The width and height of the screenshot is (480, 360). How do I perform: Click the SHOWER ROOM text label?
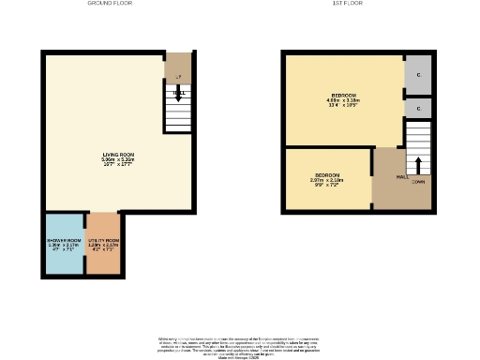pyautogui.click(x=65, y=241)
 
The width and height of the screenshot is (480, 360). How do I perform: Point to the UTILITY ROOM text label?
pyautogui.click(x=103, y=241)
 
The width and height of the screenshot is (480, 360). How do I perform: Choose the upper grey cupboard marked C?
pyautogui.click(x=417, y=75)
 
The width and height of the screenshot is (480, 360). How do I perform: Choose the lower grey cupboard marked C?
pyautogui.click(x=417, y=109)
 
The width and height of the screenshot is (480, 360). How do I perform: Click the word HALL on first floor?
pyautogui.click(x=401, y=176)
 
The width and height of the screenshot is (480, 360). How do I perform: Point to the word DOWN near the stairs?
pyautogui.click(x=418, y=182)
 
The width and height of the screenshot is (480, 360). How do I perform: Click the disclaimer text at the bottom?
pyautogui.click(x=239, y=345)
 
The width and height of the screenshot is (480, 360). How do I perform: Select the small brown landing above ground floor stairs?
pyautogui.click(x=178, y=67)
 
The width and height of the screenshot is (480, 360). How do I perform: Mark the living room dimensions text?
pyautogui.click(x=118, y=162)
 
